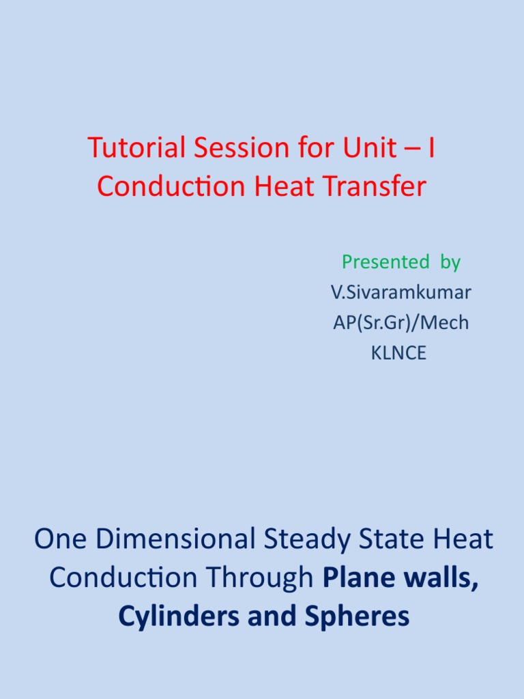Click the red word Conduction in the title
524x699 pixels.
(172, 186)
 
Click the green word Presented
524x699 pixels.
(381, 261)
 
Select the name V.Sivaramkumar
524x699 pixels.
(401, 292)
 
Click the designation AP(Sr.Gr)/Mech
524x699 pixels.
(401, 323)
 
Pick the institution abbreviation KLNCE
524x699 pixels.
(399, 354)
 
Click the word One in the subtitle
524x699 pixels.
(61, 539)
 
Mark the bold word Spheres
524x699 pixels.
(359, 616)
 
